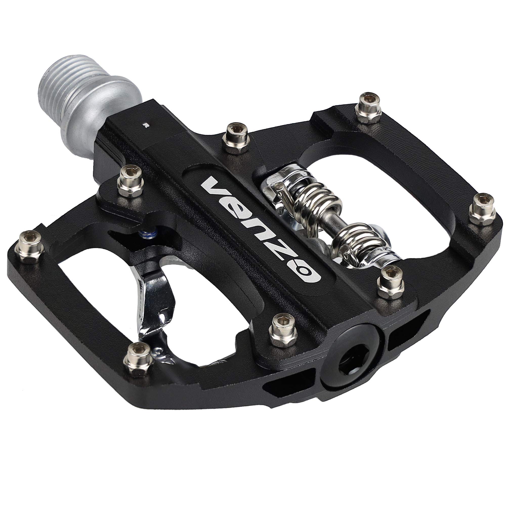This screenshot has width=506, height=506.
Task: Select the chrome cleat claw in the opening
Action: coord(155,301)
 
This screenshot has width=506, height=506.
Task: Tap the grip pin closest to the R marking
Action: coord(131,179)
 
